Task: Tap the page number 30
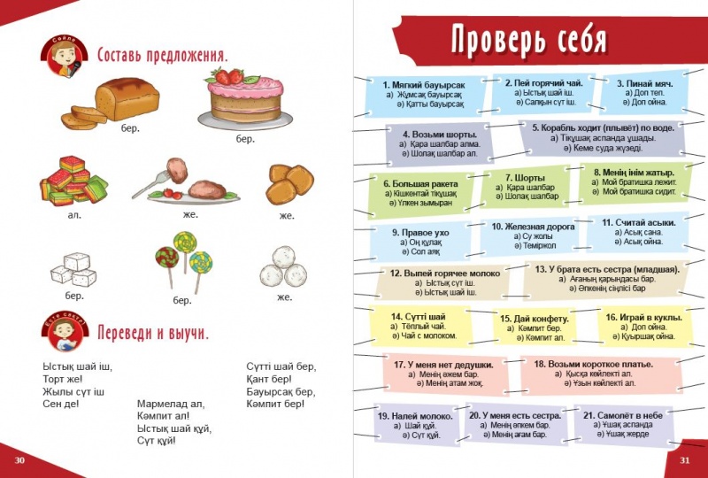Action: [x=20, y=459]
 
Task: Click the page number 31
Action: [x=684, y=459]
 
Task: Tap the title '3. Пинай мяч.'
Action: [x=644, y=82]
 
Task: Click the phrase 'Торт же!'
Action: [x=60, y=379]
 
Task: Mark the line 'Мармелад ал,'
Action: [x=170, y=404]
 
